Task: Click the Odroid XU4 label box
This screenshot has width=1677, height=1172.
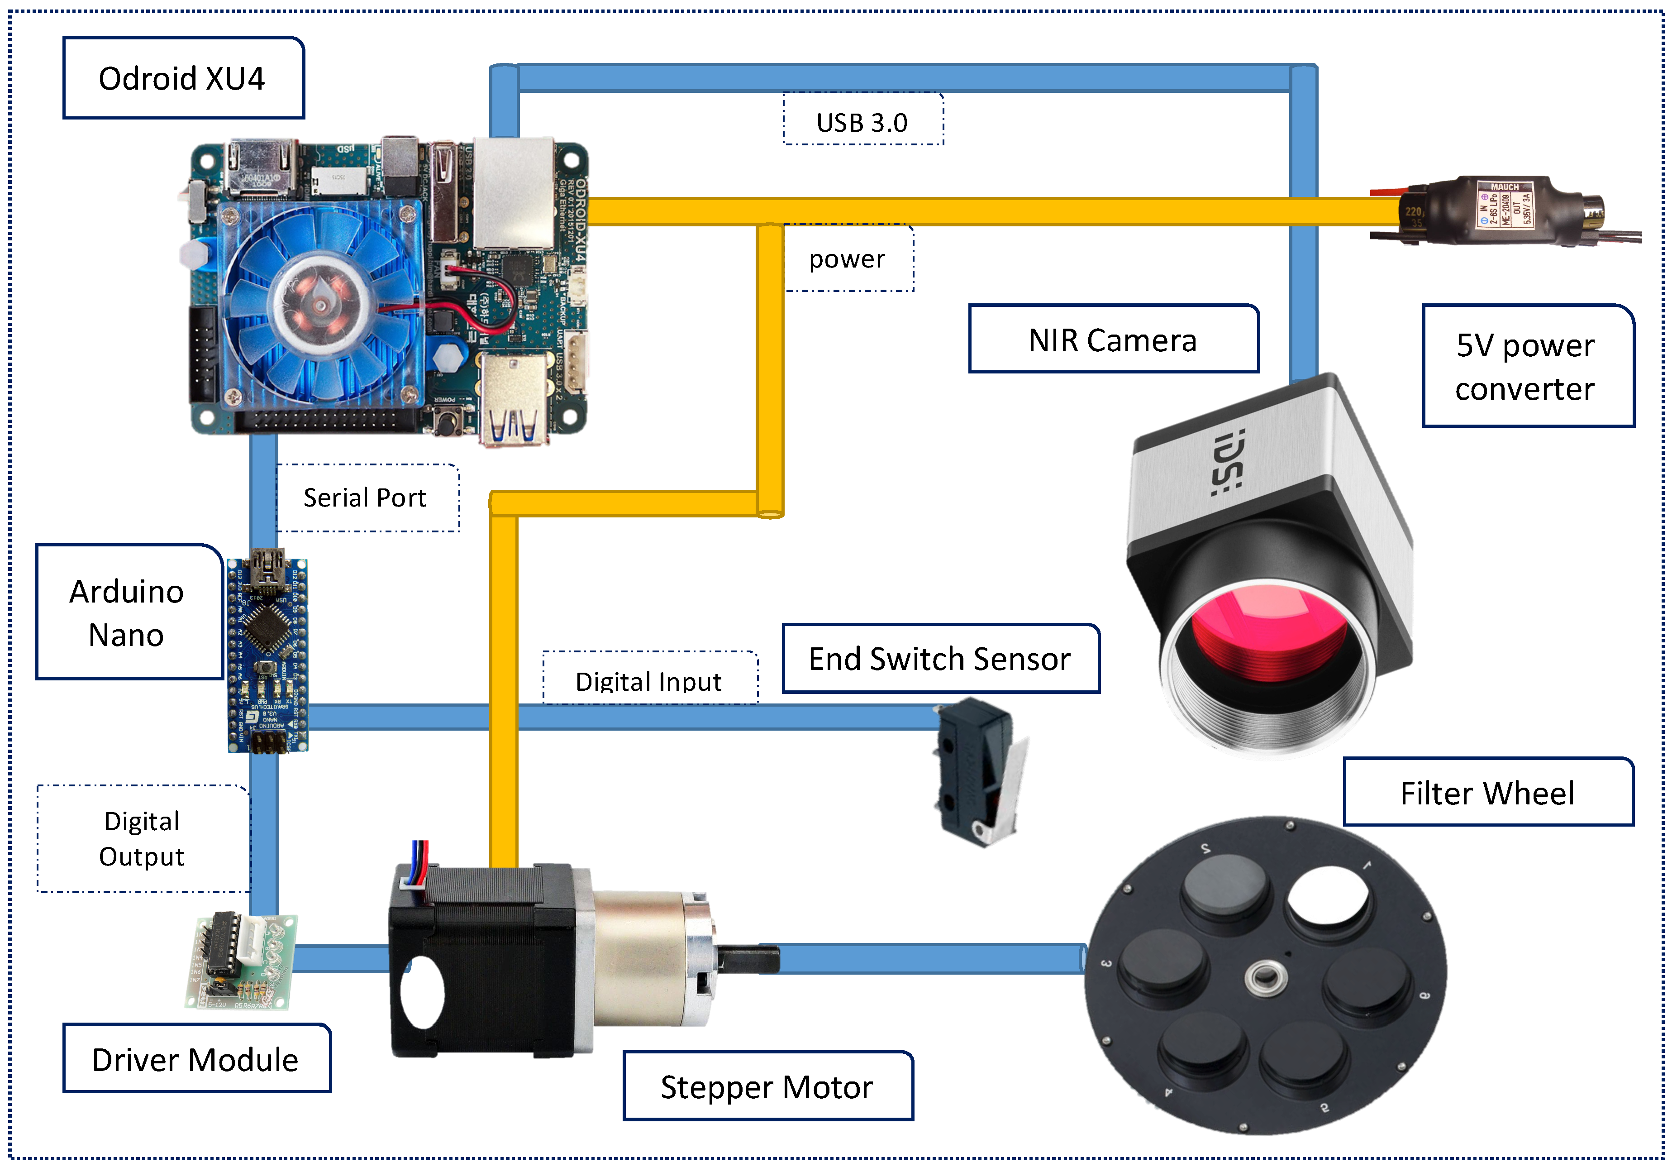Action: pyautogui.click(x=183, y=78)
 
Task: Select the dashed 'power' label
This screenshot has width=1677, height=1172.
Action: pyautogui.click(x=847, y=258)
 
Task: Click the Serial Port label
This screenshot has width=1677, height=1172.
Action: pyautogui.click(x=366, y=498)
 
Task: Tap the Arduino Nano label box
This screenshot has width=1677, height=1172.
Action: pyautogui.click(x=128, y=612)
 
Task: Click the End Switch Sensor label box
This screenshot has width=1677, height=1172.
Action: pyautogui.click(x=940, y=658)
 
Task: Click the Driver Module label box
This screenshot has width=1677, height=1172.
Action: pyautogui.click(x=196, y=1059)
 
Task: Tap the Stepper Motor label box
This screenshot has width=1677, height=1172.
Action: pyautogui.click(x=767, y=1086)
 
